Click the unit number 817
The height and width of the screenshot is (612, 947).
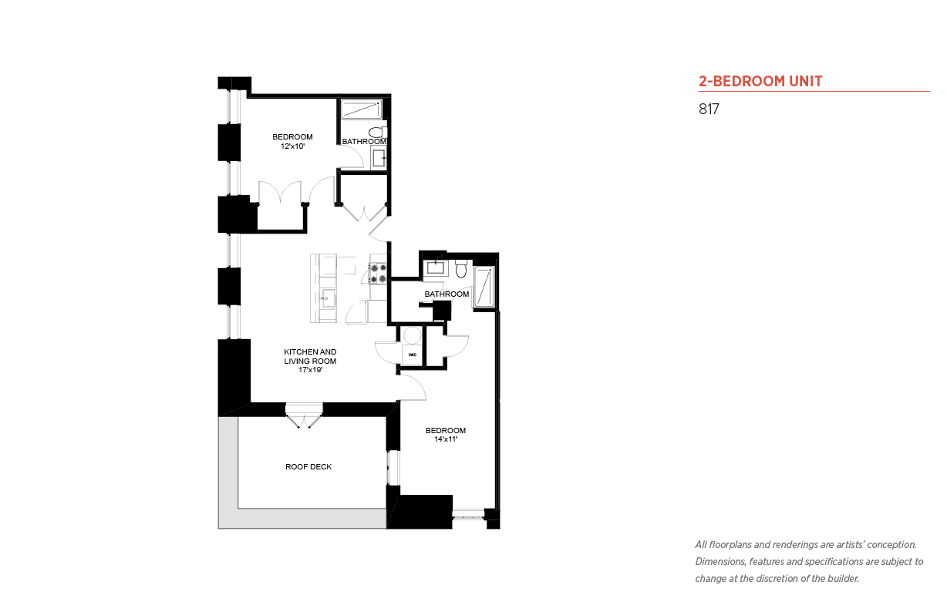click(x=709, y=109)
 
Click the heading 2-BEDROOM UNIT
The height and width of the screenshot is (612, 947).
click(x=760, y=81)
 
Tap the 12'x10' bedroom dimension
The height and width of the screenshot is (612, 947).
click(x=292, y=146)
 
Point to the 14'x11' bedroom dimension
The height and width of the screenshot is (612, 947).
click(x=446, y=439)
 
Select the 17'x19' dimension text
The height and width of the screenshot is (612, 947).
click(x=310, y=370)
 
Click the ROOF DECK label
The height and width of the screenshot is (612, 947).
click(x=308, y=466)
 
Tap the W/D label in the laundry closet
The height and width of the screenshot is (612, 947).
click(x=413, y=355)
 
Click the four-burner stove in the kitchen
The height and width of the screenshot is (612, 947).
click(x=378, y=273)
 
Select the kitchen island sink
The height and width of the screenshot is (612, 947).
click(x=327, y=298)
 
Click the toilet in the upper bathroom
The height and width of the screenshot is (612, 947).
click(x=377, y=132)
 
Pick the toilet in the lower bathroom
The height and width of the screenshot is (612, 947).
click(x=461, y=269)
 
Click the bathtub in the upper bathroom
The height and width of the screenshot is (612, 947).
click(x=362, y=109)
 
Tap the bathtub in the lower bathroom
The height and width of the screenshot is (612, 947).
click(x=484, y=287)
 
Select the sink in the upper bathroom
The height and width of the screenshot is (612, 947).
click(x=379, y=158)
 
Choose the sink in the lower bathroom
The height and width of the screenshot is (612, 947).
click(x=435, y=267)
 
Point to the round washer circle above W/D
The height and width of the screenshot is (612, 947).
click(x=413, y=336)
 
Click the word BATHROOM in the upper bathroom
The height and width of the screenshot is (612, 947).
click(x=364, y=142)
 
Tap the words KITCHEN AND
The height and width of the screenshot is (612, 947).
click(x=310, y=351)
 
